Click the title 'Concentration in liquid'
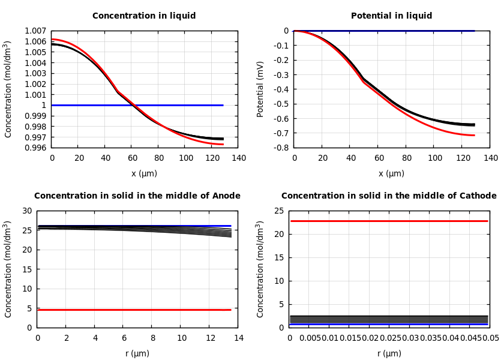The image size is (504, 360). [144, 16]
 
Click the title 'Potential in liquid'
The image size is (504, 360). [391, 16]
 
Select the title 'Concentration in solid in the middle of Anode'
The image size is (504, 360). [137, 196]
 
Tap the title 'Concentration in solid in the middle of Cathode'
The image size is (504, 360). [389, 196]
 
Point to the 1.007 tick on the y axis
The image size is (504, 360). [35, 31]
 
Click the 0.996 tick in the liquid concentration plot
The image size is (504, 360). [35, 148]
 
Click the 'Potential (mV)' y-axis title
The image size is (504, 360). [260, 89]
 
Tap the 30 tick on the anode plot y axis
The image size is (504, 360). [26, 211]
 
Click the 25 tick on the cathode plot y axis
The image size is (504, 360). [278, 211]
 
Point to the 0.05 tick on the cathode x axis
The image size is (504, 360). [490, 338]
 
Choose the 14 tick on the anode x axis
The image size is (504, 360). [238, 338]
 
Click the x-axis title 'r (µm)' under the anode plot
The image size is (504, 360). [137, 353]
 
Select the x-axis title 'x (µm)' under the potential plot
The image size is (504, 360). [391, 173]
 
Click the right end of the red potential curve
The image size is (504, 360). [474, 135]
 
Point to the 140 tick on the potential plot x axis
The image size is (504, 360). [490, 158]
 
